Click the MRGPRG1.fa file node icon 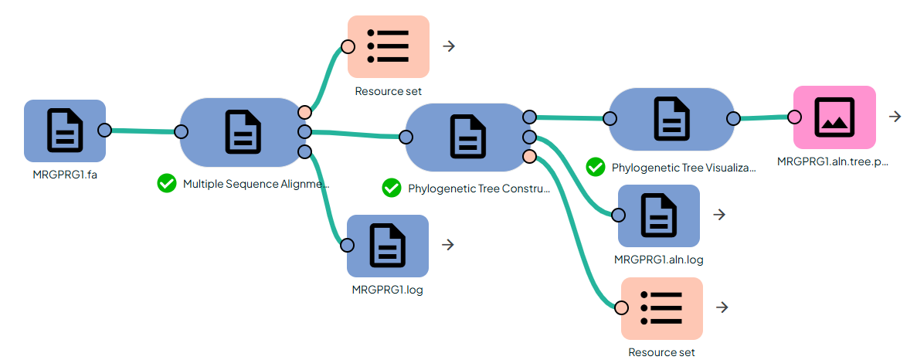pos(65,130)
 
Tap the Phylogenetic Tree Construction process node pos(467,138)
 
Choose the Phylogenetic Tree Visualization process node pos(671,118)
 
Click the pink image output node pos(834,117)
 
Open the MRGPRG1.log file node pos(387,246)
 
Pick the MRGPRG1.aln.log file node pos(658,216)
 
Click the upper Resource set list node pos(388,46)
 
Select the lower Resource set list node pos(662,307)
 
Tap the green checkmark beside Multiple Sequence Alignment pos(166,184)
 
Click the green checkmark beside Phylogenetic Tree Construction pos(391,188)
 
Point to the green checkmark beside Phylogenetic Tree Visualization pos(595,167)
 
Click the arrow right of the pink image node pos(895,117)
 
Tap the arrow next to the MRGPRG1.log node pos(447,245)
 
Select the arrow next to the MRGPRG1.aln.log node pos(719,215)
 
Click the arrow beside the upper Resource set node pos(449,46)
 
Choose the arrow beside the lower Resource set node pos(722,307)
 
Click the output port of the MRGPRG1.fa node pos(104,130)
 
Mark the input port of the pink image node pos(793,117)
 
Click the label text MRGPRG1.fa pos(65,174)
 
